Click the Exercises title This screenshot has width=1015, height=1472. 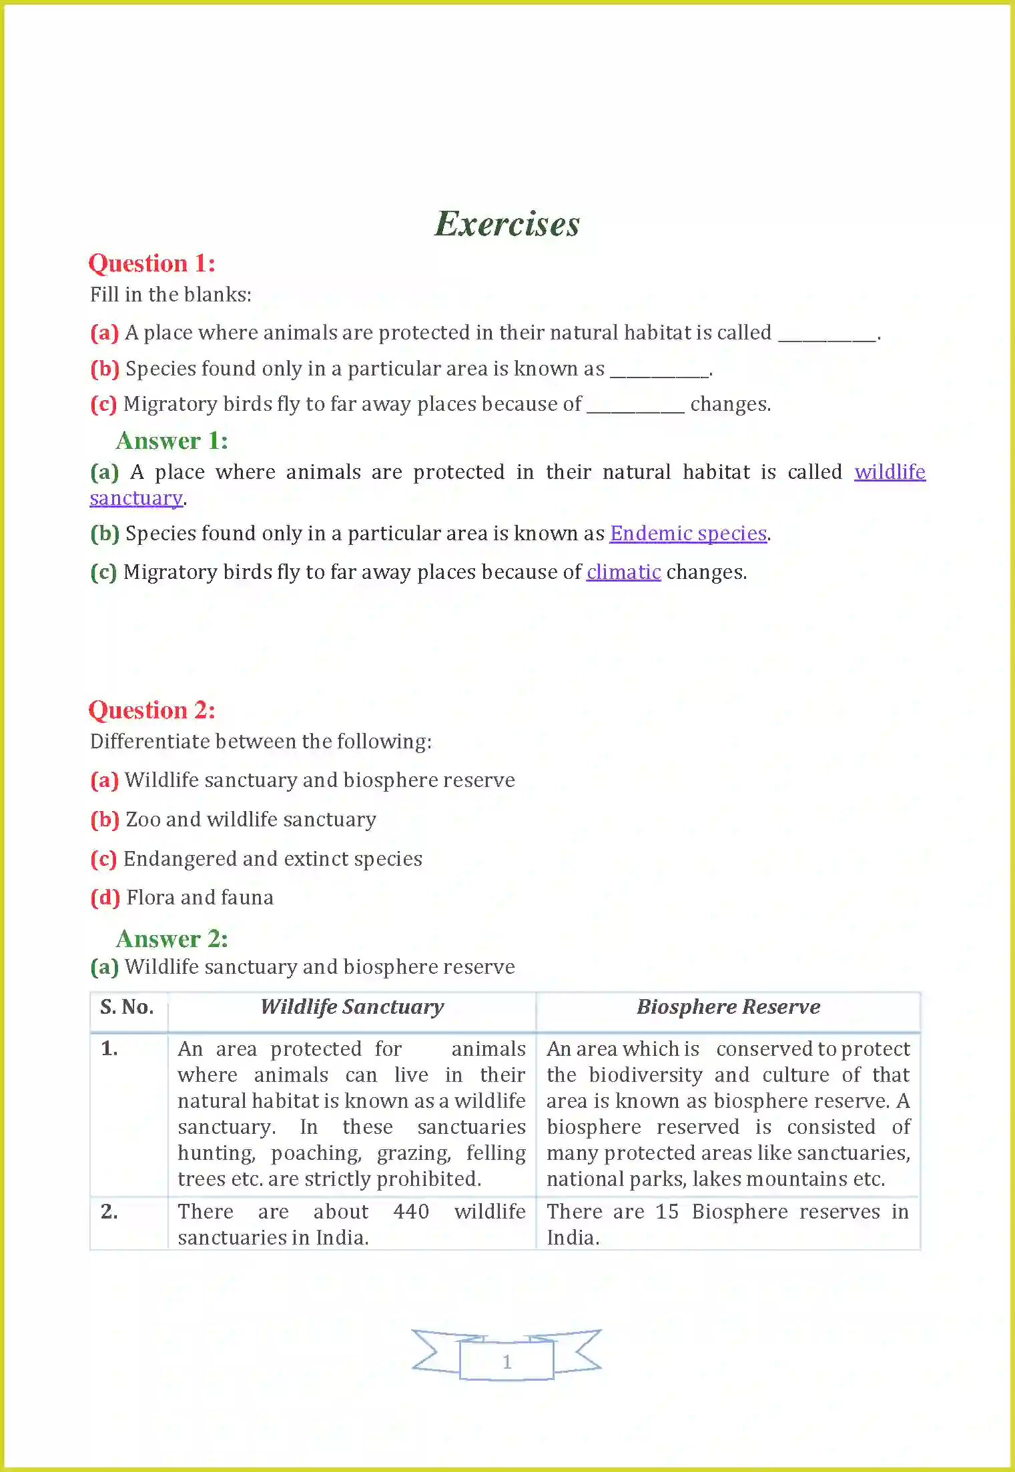(x=507, y=224)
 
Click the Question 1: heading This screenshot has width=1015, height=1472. (x=152, y=263)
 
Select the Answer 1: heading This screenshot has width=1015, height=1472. (x=172, y=441)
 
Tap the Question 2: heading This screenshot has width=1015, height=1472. (x=152, y=710)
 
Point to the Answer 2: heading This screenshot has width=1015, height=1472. (x=172, y=939)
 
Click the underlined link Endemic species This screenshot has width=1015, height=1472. (x=688, y=534)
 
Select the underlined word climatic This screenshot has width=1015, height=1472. (x=623, y=572)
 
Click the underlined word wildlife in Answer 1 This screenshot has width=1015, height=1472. (x=890, y=472)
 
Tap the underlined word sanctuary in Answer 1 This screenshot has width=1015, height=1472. (x=136, y=498)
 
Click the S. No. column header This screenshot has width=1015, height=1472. (x=127, y=1007)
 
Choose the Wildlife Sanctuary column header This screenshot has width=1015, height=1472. (x=352, y=1007)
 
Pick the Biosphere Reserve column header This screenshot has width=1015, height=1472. (x=728, y=1007)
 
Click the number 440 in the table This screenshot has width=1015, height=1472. (x=411, y=1212)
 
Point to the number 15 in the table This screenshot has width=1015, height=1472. (x=667, y=1212)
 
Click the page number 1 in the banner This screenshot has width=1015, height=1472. (x=506, y=1361)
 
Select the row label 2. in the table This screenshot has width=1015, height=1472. (x=109, y=1212)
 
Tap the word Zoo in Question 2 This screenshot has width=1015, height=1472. (x=143, y=820)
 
